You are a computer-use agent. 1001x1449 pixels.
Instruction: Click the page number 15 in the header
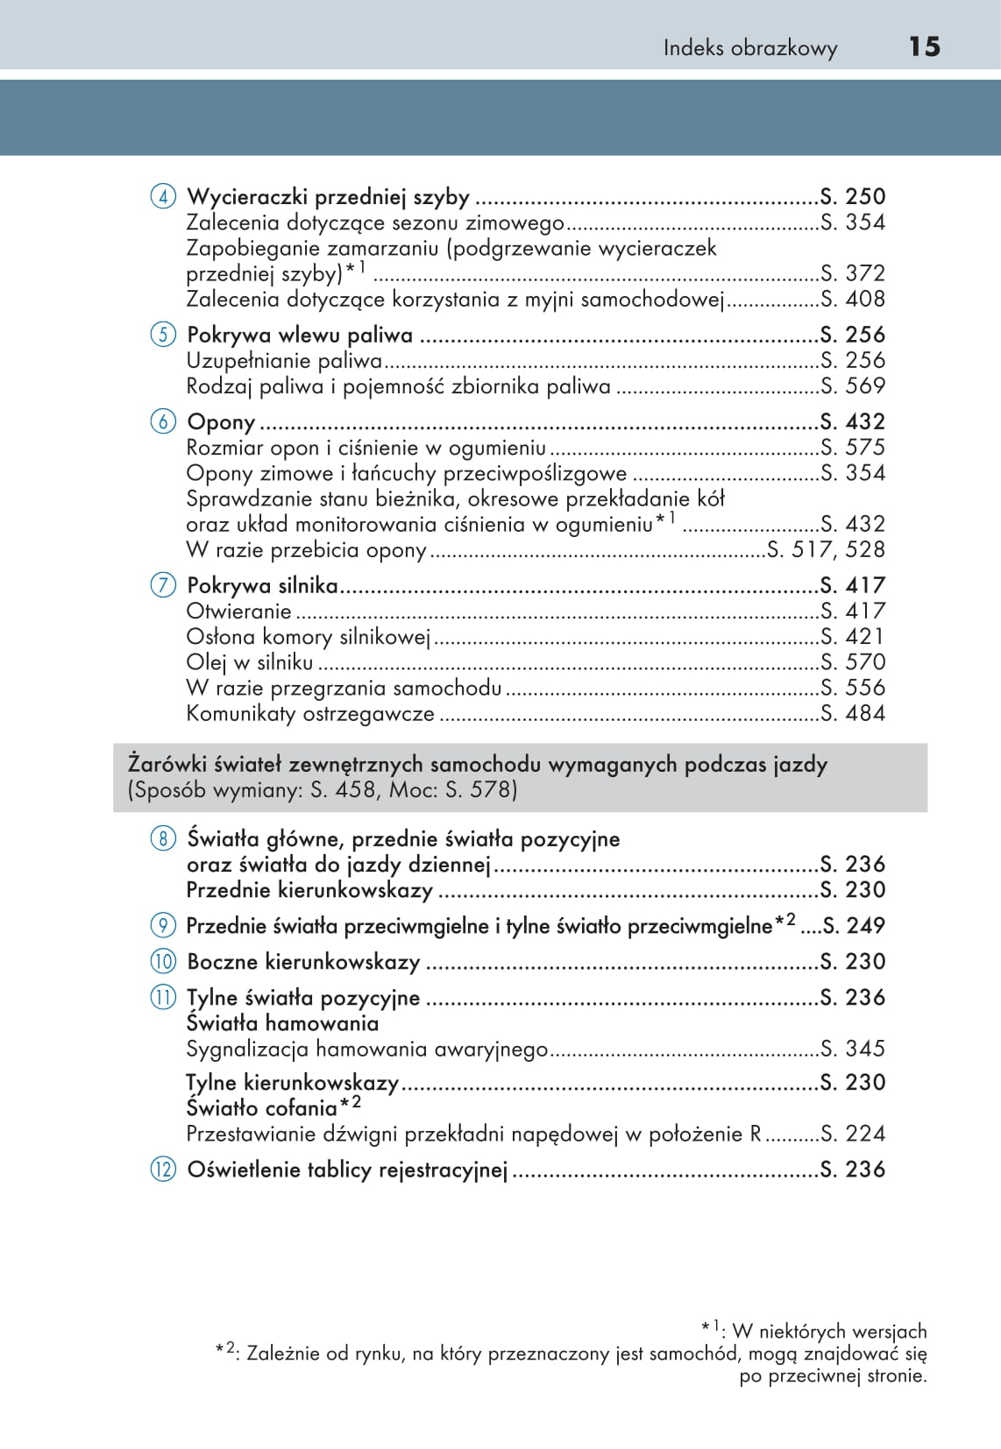[924, 46]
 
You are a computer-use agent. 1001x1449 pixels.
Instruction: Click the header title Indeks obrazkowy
[749, 48]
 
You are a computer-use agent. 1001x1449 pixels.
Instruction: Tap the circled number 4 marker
[163, 196]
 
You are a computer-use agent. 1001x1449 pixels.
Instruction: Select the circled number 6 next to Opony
[163, 421]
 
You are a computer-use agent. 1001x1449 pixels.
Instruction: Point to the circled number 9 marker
[163, 925]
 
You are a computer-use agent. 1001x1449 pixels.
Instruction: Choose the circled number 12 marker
[163, 1170]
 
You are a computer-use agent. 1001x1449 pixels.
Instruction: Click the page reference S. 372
[853, 273]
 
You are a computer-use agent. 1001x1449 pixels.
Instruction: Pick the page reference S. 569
[853, 386]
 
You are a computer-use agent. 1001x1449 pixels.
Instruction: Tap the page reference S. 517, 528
[826, 550]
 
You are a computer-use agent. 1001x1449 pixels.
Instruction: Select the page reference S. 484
[853, 714]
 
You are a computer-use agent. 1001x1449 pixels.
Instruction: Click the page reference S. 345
[853, 1049]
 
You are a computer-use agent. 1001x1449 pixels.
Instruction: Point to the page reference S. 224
[853, 1134]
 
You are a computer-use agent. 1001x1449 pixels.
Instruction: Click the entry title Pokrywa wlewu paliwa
[300, 336]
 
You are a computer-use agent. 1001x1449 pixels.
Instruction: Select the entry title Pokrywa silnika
[262, 585]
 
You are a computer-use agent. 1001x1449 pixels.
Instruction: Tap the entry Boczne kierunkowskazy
[303, 962]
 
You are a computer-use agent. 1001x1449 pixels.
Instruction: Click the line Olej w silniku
[249, 663]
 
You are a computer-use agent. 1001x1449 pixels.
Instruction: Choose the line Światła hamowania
[282, 1023]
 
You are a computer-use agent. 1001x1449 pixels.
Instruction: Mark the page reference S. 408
[853, 300]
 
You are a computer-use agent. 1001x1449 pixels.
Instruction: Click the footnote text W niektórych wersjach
[829, 1332]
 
